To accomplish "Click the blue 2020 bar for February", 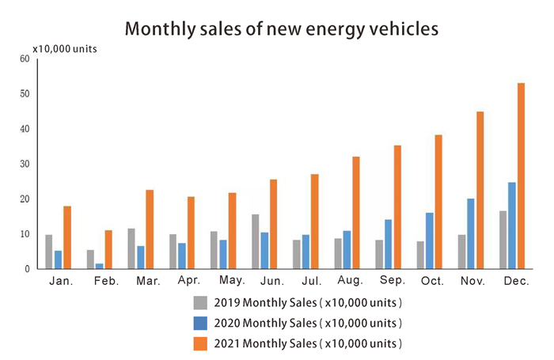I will (x=99, y=266).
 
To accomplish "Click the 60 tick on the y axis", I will (x=24, y=59).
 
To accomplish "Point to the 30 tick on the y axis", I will (x=24, y=165).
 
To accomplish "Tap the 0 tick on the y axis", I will (x=27, y=270).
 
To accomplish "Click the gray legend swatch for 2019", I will (x=202, y=302).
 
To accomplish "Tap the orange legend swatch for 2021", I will (x=202, y=343).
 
